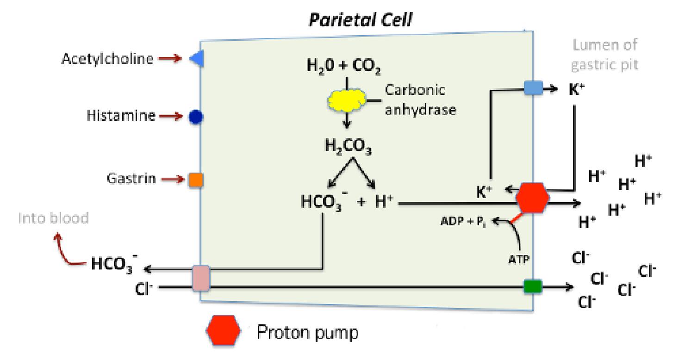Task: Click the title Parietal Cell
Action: [361, 20]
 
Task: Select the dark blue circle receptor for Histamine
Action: [196, 117]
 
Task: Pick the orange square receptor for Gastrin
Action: [196, 180]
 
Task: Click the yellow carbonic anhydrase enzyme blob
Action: [347, 99]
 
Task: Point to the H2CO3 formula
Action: [348, 146]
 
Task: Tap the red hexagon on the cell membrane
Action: [532, 198]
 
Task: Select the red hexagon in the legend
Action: [224, 330]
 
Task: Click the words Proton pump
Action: [307, 333]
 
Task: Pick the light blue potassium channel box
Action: [533, 88]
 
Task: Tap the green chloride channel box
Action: [533, 286]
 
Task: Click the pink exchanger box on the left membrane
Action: [201, 278]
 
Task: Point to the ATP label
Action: [519, 260]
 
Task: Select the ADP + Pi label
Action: [463, 222]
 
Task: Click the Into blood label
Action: [53, 218]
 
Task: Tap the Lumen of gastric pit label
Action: [605, 55]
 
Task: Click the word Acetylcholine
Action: [107, 58]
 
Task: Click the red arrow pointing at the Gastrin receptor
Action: [173, 180]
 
